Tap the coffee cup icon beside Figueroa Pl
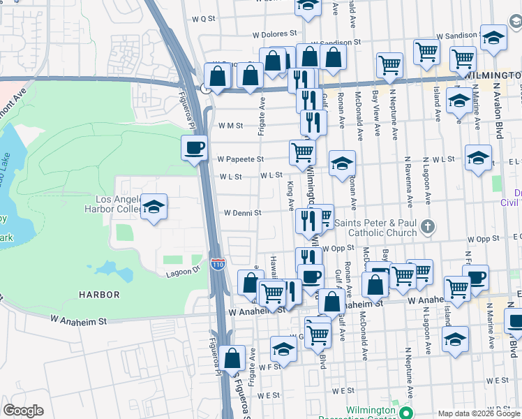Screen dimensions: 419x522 coord(194,147)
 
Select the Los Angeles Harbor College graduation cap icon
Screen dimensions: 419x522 coord(154,206)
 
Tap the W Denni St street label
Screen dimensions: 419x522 coord(242,213)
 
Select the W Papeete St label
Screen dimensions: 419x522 coord(240,159)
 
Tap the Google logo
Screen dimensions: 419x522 coord(23,411)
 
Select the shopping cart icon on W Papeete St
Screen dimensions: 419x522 coord(302,151)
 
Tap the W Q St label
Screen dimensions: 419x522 coord(202,19)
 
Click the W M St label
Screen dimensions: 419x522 coord(230,126)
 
